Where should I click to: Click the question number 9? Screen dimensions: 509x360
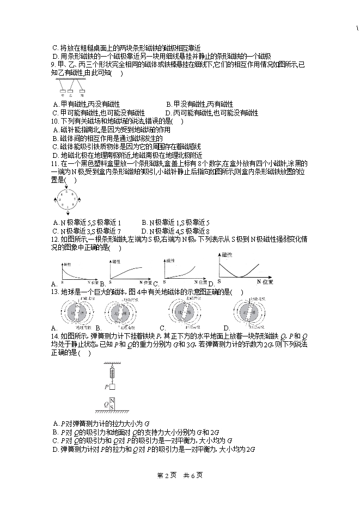[53, 65]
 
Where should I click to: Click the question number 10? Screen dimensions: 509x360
[54, 121]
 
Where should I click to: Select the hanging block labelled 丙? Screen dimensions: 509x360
[82, 91]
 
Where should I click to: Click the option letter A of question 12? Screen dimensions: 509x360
[54, 284]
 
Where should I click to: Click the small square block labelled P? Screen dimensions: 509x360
[112, 387]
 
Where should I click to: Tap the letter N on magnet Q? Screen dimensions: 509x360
[112, 402]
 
